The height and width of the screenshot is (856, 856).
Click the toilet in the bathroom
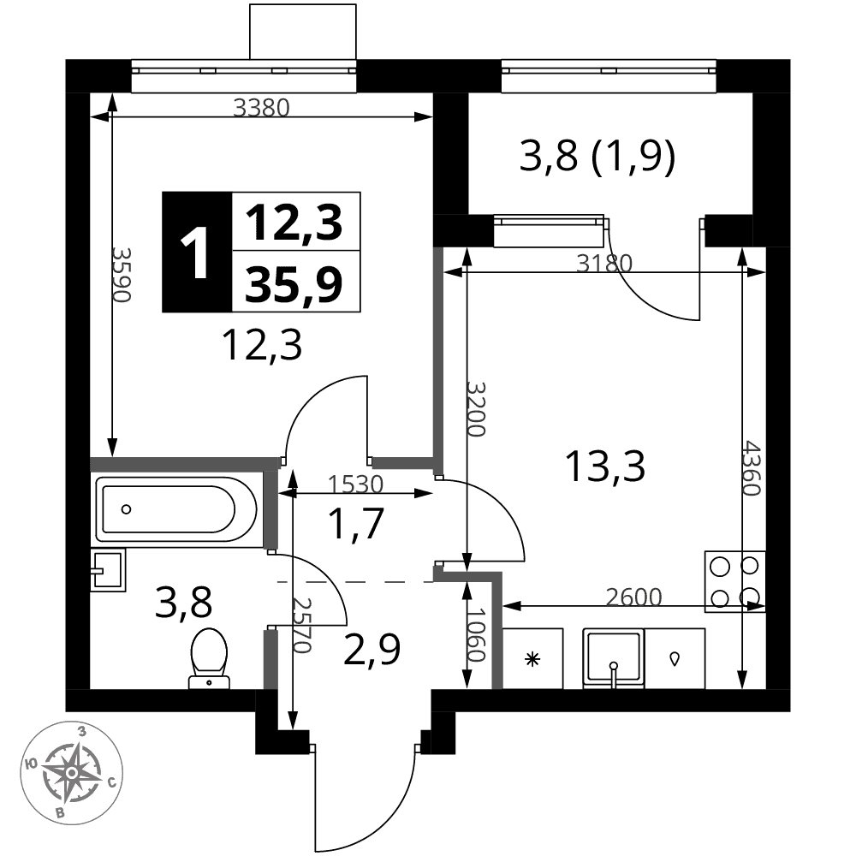[x=209, y=658]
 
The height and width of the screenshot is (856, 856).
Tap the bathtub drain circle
[x=126, y=509]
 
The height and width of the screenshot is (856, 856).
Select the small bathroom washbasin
[x=108, y=570]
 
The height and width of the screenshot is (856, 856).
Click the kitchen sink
[x=614, y=657]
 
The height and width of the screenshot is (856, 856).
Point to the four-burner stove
[x=734, y=582]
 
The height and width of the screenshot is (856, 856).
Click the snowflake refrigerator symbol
[x=532, y=659]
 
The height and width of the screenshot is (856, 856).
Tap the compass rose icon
[x=72, y=772]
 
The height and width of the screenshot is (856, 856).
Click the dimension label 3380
[x=261, y=108]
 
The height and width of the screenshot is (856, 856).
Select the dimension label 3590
[x=122, y=275]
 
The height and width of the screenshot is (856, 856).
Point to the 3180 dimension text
[x=604, y=264]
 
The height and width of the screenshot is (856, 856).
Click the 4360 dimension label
[x=752, y=468]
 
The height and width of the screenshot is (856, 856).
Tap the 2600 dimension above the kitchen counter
[x=633, y=597]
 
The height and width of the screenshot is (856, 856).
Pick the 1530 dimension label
[x=355, y=484]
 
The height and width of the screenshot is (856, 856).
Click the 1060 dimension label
[x=476, y=634]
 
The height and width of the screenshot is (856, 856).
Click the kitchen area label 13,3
[x=605, y=467]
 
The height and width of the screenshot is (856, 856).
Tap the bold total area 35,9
[x=294, y=284]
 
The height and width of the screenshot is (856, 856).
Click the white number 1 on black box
[x=194, y=253]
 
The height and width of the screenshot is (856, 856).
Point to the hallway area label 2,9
[x=372, y=650]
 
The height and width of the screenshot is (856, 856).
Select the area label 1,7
[x=356, y=524]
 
